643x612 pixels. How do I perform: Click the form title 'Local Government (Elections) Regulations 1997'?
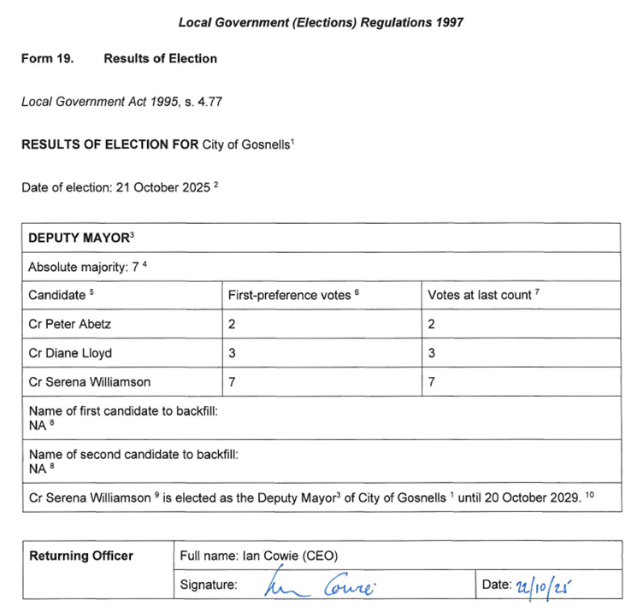point(321,23)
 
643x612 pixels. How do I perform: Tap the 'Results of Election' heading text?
point(160,59)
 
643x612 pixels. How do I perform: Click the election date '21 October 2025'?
point(162,187)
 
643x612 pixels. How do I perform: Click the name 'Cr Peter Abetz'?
point(70,324)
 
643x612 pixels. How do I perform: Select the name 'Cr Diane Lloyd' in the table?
point(70,353)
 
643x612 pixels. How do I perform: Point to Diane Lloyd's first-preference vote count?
point(232,353)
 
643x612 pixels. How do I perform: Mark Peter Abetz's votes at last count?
point(432,324)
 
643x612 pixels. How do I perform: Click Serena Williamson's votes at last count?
point(432,382)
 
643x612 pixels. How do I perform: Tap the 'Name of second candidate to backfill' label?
point(133,454)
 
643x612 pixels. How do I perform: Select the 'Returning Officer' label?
point(81,556)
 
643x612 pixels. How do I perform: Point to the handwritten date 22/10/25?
point(546,586)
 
